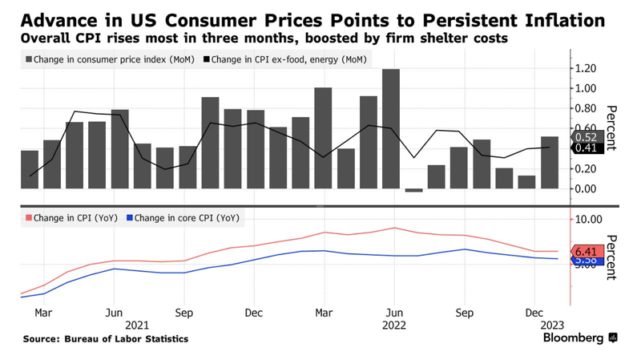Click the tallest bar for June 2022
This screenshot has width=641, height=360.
(x=391, y=128)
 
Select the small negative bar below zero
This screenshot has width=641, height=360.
(x=413, y=190)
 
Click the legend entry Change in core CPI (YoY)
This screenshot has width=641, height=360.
(x=187, y=218)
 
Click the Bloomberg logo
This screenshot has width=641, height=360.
(x=573, y=338)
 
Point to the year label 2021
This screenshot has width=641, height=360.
(x=137, y=325)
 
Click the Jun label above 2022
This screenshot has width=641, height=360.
(x=393, y=312)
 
